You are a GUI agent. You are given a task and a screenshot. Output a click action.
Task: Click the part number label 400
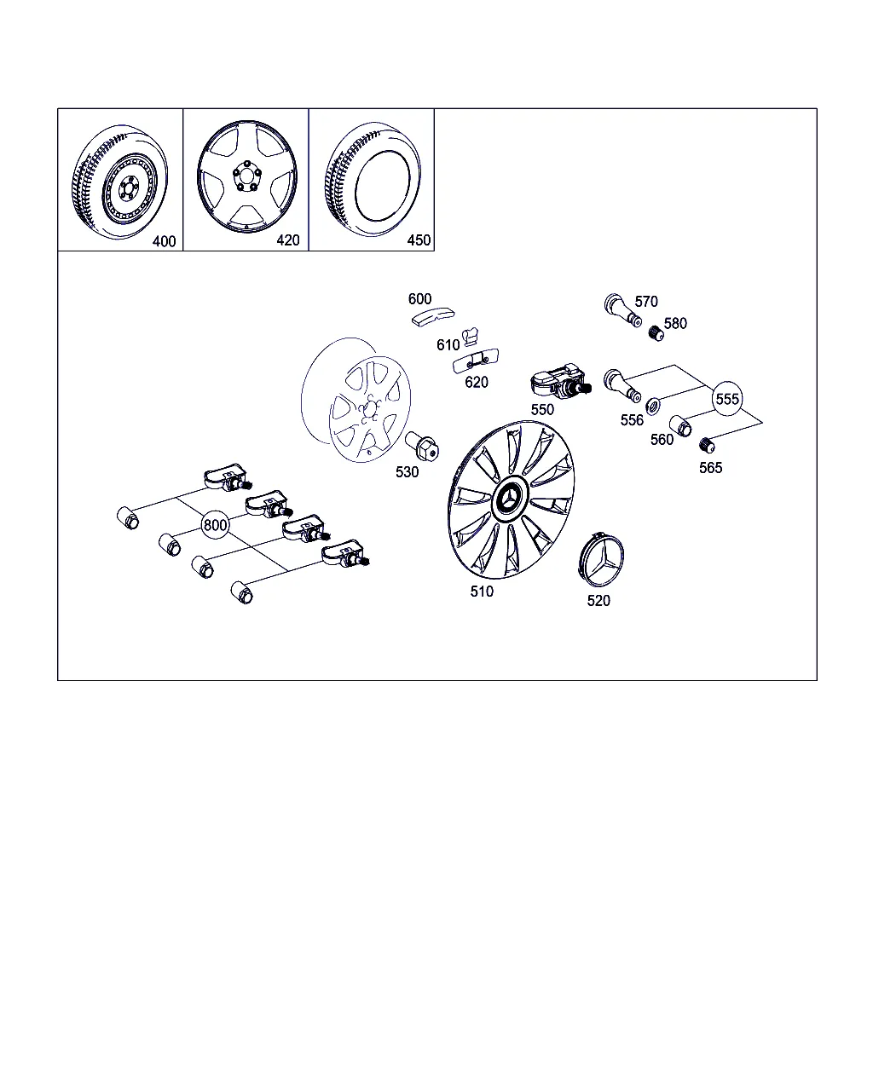(x=164, y=241)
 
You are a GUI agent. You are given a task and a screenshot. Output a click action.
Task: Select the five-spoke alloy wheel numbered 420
(x=247, y=176)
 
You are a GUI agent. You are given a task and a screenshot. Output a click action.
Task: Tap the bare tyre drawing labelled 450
(x=373, y=179)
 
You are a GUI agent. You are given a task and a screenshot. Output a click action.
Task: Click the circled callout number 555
(x=727, y=399)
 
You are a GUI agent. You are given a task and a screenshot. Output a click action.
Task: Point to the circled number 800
(x=215, y=525)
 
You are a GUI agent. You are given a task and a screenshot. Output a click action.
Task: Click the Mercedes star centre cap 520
(x=601, y=560)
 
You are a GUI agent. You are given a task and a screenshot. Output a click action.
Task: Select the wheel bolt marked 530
(x=422, y=446)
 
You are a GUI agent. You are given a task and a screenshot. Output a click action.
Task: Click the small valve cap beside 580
(x=656, y=333)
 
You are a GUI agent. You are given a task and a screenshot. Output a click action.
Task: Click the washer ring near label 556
(x=653, y=406)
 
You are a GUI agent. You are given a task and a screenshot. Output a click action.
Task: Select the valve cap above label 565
(x=707, y=446)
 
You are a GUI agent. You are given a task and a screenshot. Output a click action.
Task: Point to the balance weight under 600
(x=433, y=318)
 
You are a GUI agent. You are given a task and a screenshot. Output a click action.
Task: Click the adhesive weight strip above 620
(x=476, y=361)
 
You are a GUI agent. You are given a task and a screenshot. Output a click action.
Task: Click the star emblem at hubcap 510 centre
(x=510, y=499)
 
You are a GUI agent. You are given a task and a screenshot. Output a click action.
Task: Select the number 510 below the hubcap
(x=482, y=592)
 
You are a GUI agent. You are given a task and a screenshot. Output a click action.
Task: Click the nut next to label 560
(x=680, y=426)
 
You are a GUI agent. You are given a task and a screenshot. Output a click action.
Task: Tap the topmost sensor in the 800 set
(x=228, y=477)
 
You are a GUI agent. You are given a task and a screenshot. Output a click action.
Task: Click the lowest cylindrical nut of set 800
(x=242, y=592)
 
